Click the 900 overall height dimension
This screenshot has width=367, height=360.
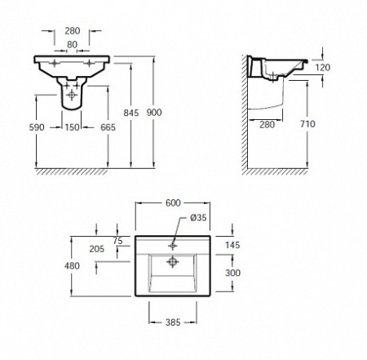(x=154, y=113)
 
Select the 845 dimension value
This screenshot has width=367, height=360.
(x=131, y=113)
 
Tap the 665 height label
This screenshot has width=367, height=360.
(x=108, y=127)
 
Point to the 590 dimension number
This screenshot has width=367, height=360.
(x=37, y=127)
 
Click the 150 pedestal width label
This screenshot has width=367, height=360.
(x=72, y=127)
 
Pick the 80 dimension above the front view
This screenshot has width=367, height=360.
(x=72, y=44)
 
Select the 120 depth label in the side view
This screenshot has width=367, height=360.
(x=323, y=67)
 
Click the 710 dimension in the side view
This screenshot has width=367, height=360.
(x=307, y=124)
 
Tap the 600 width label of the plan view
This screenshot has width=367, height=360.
(x=173, y=202)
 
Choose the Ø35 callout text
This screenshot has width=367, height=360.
(x=198, y=217)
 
